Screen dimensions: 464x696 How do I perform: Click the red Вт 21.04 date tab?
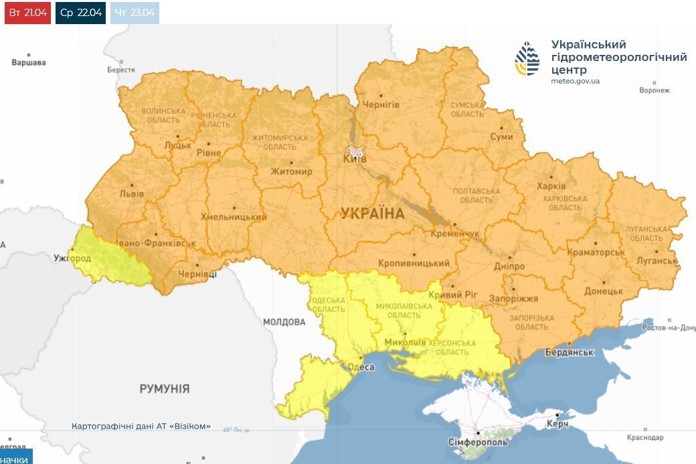click(27, 13)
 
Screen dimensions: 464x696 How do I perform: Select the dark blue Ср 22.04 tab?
click(80, 13)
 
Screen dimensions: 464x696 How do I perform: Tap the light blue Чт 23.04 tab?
click(135, 13)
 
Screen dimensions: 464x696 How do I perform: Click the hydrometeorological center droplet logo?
click(527, 59)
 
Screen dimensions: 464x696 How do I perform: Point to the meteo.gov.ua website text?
click(576, 81)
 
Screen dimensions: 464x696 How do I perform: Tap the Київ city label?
click(355, 159)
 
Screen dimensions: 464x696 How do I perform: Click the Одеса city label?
click(361, 367)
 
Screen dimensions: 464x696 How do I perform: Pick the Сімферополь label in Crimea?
click(478, 443)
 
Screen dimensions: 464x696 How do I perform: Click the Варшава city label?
click(29, 63)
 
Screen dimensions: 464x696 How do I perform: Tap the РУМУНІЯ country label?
click(165, 388)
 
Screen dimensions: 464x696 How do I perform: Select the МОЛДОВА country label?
click(284, 322)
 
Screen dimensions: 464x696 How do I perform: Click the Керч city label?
click(557, 424)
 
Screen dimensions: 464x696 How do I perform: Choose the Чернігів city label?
click(381, 105)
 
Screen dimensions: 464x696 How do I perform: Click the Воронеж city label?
click(654, 90)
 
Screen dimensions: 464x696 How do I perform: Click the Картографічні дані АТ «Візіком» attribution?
click(141, 426)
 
